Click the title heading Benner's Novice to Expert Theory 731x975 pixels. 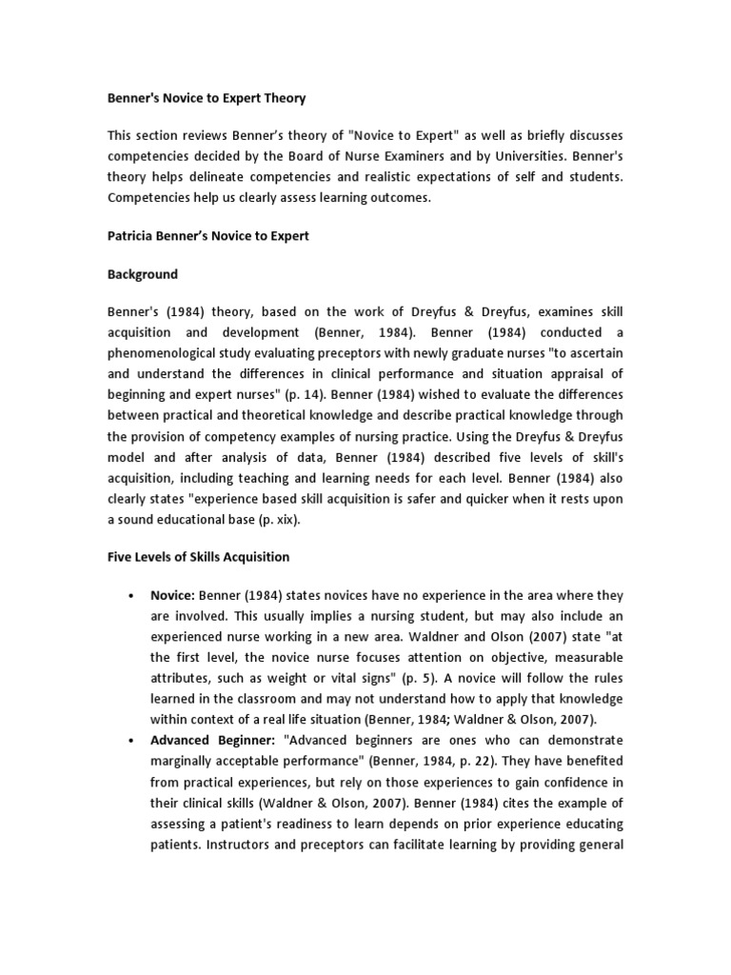pyautogui.click(x=207, y=98)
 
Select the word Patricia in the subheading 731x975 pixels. pyautogui.click(x=132, y=236)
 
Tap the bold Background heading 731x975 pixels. pyautogui.click(x=142, y=274)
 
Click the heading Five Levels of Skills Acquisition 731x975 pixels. pyautogui.click(x=198, y=556)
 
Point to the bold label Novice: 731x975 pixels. pyautogui.click(x=172, y=594)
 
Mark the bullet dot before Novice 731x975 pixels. pyautogui.click(x=128, y=595)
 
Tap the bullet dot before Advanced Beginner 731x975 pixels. pyautogui.click(x=128, y=740)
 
